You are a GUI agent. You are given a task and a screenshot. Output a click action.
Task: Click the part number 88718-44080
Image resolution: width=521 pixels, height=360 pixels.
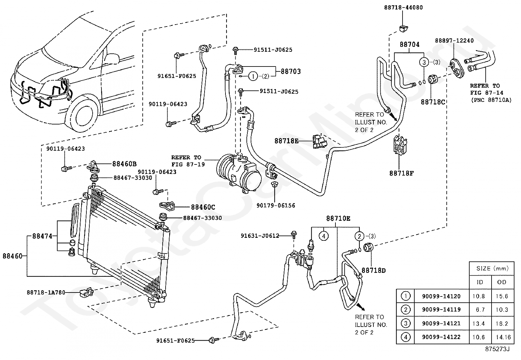(403, 8)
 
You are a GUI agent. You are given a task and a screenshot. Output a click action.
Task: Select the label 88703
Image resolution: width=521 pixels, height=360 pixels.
(291, 71)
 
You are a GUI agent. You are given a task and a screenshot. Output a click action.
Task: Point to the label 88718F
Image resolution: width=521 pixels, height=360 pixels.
(402, 173)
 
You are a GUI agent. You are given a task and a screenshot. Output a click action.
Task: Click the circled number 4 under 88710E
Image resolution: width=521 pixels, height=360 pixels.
(324, 236)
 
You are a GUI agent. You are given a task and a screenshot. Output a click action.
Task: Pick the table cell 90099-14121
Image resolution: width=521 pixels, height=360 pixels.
(441, 323)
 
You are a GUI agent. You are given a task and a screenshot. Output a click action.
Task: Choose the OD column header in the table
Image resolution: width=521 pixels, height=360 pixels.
(502, 282)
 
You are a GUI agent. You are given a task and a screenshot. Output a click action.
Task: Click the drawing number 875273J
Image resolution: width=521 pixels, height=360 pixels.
(497, 349)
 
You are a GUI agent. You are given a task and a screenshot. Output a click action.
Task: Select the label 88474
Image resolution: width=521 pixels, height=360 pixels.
(42, 236)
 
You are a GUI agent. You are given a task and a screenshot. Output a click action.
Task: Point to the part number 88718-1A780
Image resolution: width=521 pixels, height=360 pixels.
(46, 293)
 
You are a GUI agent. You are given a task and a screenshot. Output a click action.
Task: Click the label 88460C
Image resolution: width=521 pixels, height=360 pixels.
(203, 207)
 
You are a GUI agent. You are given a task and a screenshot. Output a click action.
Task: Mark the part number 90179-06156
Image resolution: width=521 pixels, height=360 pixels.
(276, 206)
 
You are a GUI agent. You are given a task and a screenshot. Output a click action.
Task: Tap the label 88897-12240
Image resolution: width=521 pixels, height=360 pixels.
(454, 41)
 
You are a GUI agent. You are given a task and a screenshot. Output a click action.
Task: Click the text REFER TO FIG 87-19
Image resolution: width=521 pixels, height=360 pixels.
(188, 161)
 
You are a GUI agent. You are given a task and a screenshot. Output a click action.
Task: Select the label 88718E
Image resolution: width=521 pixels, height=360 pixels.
(286, 141)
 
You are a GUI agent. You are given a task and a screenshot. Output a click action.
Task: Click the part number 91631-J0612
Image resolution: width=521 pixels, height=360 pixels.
(260, 236)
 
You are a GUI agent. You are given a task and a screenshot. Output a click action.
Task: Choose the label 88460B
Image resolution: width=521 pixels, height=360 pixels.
(124, 164)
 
